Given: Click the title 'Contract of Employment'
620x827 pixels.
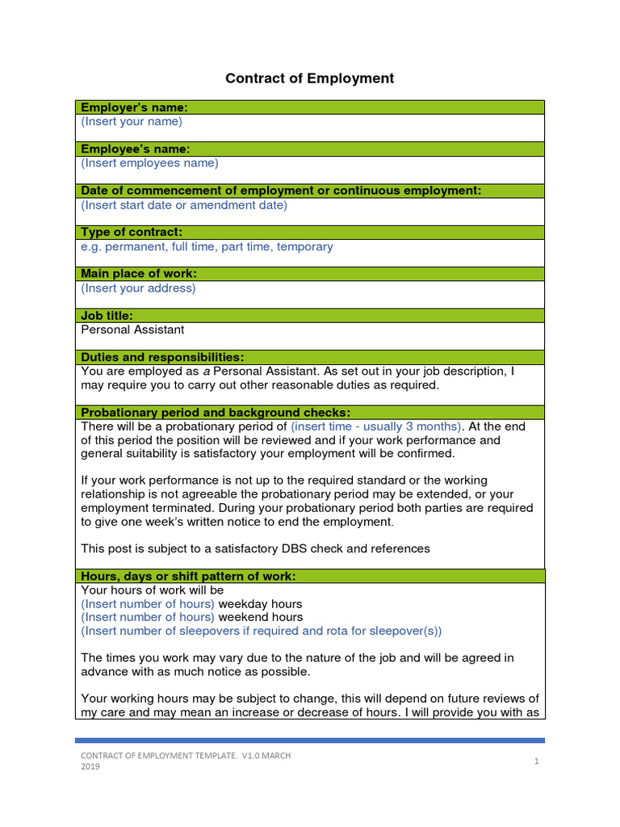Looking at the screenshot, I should pos(310,78).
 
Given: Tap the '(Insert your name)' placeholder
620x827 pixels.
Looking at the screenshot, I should pos(132,122).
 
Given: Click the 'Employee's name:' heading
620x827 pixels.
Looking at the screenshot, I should pos(135,149).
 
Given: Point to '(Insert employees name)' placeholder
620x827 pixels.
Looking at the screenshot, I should pos(149,163).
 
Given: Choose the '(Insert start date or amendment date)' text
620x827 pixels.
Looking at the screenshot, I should pos(184,205).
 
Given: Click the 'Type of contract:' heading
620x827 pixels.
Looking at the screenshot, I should pos(137,233).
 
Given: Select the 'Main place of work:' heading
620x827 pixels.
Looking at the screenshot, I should pos(139,274).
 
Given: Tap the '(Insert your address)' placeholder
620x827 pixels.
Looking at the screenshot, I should pos(138,288).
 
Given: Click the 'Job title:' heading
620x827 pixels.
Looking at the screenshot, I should pos(107,316).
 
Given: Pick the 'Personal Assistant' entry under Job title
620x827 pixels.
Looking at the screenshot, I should pos(132,330).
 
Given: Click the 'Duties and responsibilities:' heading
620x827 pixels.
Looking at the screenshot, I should pos(162,357).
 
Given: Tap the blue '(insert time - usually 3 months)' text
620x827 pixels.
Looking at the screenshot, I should pos(376,426).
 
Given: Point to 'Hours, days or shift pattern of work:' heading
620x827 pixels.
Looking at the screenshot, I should pos(188,577).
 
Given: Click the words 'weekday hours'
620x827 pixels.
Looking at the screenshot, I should pos(261,604).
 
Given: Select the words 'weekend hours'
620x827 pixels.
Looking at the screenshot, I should pos(262,618).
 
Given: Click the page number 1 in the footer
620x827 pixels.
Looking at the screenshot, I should pos(536,761).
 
